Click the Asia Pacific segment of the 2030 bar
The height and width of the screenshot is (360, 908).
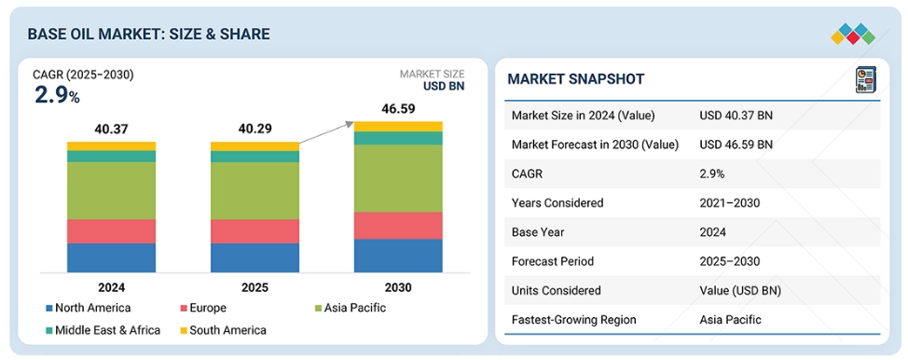point(398,178)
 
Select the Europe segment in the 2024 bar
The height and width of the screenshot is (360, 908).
point(111,231)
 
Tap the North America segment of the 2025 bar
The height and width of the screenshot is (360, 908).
point(255,257)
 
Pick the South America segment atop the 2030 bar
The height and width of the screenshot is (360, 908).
point(398,127)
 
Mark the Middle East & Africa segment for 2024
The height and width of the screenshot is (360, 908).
point(111,156)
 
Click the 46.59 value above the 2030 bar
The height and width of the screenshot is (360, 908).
point(397,108)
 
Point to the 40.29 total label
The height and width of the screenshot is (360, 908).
point(255,129)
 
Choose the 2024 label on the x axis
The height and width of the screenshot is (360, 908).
point(111,287)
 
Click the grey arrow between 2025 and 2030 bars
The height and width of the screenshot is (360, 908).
point(326,132)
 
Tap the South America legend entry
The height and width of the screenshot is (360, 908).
point(223,330)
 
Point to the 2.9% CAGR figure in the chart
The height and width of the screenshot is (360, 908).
point(57,95)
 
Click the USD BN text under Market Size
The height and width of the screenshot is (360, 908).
point(444,87)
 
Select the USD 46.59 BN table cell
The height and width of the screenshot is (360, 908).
point(736,145)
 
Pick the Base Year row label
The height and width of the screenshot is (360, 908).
point(538,232)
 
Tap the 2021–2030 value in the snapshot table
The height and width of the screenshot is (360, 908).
point(729,203)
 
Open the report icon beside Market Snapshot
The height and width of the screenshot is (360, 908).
point(866,80)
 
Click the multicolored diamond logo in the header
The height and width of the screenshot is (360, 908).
point(853,34)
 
